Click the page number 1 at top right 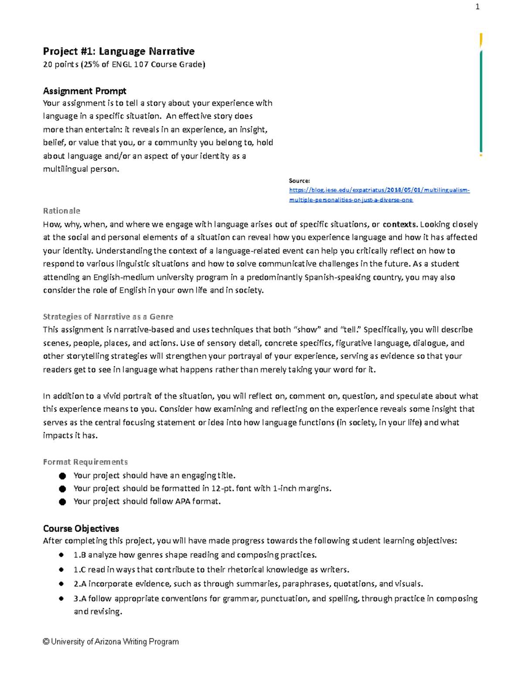[477, 7]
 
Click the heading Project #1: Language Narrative [119, 51]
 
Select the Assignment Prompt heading [85, 91]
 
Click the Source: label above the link [299, 180]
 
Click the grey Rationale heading [61, 211]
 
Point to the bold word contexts [399, 225]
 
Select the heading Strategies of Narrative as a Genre [108, 317]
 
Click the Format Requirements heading [85, 462]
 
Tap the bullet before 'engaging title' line [62, 476]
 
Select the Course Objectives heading [81, 529]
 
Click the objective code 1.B [79, 555]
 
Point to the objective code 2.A [80, 584]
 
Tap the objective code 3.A [80, 599]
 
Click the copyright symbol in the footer [46, 642]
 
